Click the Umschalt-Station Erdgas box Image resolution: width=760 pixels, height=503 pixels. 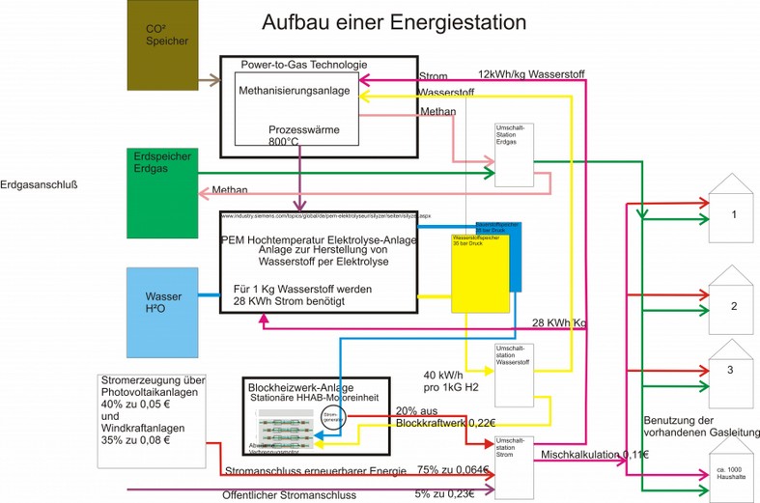point(515,154)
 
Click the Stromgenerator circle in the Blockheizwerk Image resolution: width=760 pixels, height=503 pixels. point(331,418)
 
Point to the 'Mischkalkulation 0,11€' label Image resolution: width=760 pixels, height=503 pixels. point(595,454)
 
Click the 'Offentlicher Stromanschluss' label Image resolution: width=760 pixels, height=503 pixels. point(290,494)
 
